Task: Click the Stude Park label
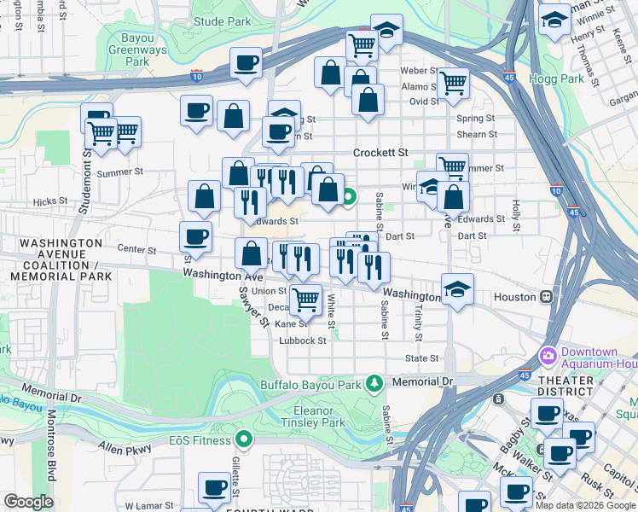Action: pos(222,20)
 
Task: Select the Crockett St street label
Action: pos(380,153)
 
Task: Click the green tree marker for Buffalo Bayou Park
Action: pos(373,384)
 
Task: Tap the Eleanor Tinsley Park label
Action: pos(314,416)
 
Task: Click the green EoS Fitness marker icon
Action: pos(245,440)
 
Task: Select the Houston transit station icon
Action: pos(546,297)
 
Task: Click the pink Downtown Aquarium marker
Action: pos(548,354)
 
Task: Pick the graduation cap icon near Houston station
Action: pos(458,289)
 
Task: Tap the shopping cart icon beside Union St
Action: pos(305,299)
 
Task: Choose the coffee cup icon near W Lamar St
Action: pos(214,487)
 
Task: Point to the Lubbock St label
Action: pos(303,340)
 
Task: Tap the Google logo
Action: pos(28,502)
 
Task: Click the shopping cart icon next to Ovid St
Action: pos(452,84)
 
